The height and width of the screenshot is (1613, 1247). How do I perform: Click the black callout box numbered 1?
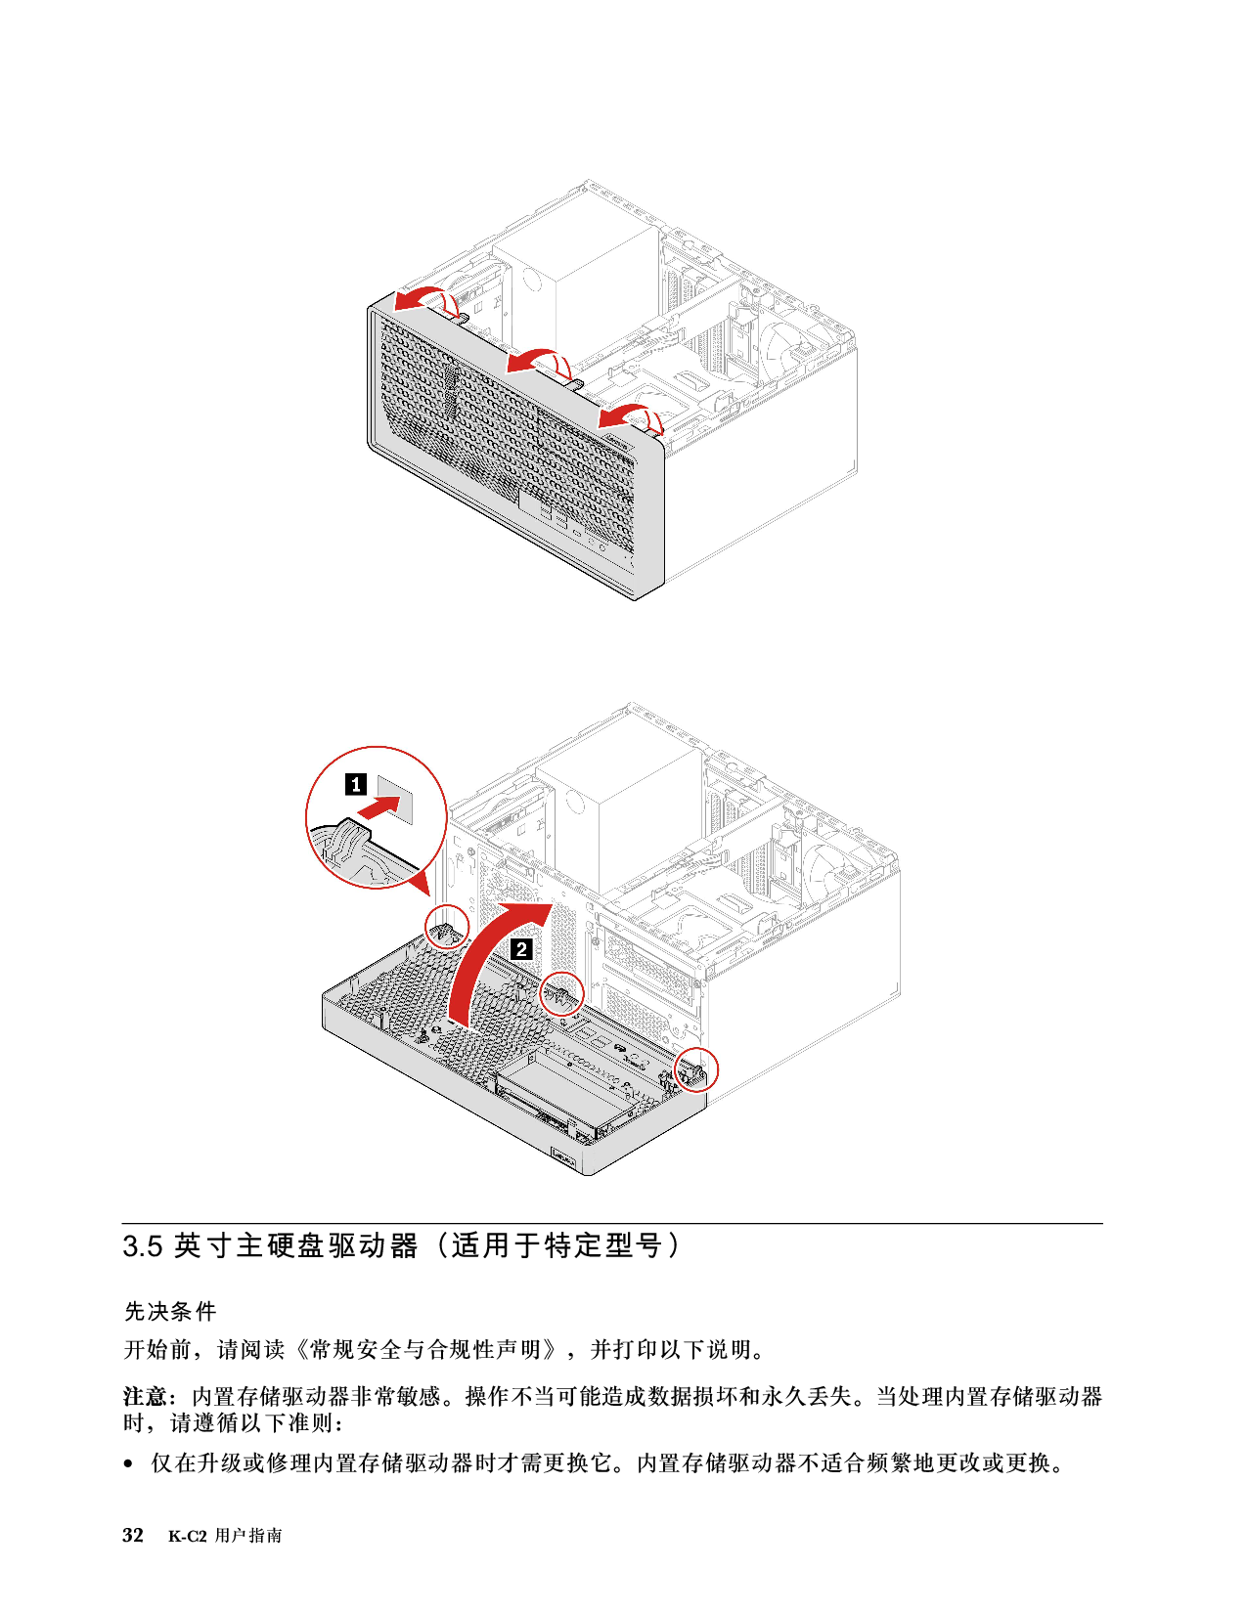tap(356, 784)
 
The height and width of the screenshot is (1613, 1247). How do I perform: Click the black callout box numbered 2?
tap(521, 948)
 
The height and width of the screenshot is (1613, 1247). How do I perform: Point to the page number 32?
tap(133, 1536)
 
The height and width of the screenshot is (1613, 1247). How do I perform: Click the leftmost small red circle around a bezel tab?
tap(447, 926)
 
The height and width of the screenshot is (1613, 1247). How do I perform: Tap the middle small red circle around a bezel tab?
tap(560, 994)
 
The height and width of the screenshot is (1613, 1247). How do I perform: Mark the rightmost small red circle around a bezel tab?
tap(695, 1068)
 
